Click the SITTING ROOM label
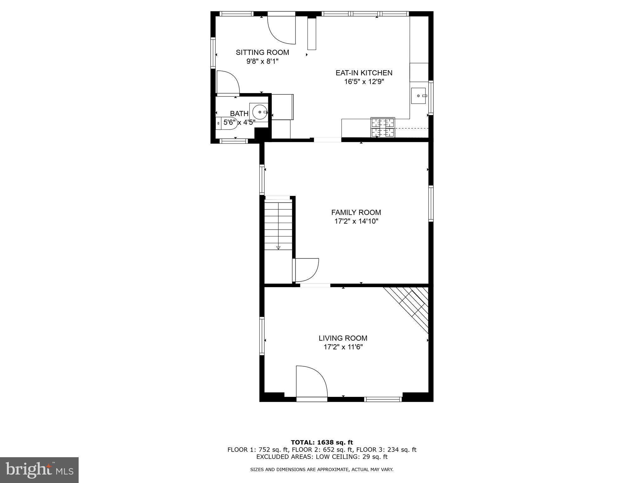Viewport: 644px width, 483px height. [x=262, y=53]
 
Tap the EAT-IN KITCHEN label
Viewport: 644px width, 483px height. [x=364, y=73]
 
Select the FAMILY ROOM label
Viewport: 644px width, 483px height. [x=356, y=213]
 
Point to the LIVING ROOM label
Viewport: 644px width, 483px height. [x=343, y=338]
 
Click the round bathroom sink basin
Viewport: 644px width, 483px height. [x=259, y=112]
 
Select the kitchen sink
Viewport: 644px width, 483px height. [x=419, y=96]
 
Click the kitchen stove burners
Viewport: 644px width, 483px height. [x=383, y=127]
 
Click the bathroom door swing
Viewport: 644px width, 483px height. [x=227, y=82]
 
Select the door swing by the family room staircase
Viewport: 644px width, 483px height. [x=305, y=270]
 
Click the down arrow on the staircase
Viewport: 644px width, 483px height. [x=278, y=248]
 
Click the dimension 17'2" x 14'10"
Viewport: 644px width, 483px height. [x=356, y=221]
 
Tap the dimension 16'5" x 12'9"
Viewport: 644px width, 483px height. [x=364, y=82]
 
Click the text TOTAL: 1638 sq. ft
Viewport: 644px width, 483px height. [x=322, y=443]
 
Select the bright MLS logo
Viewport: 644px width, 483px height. [x=39, y=470]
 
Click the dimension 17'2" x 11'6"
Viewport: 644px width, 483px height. [x=343, y=347]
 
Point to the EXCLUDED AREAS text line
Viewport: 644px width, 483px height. [x=322, y=457]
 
